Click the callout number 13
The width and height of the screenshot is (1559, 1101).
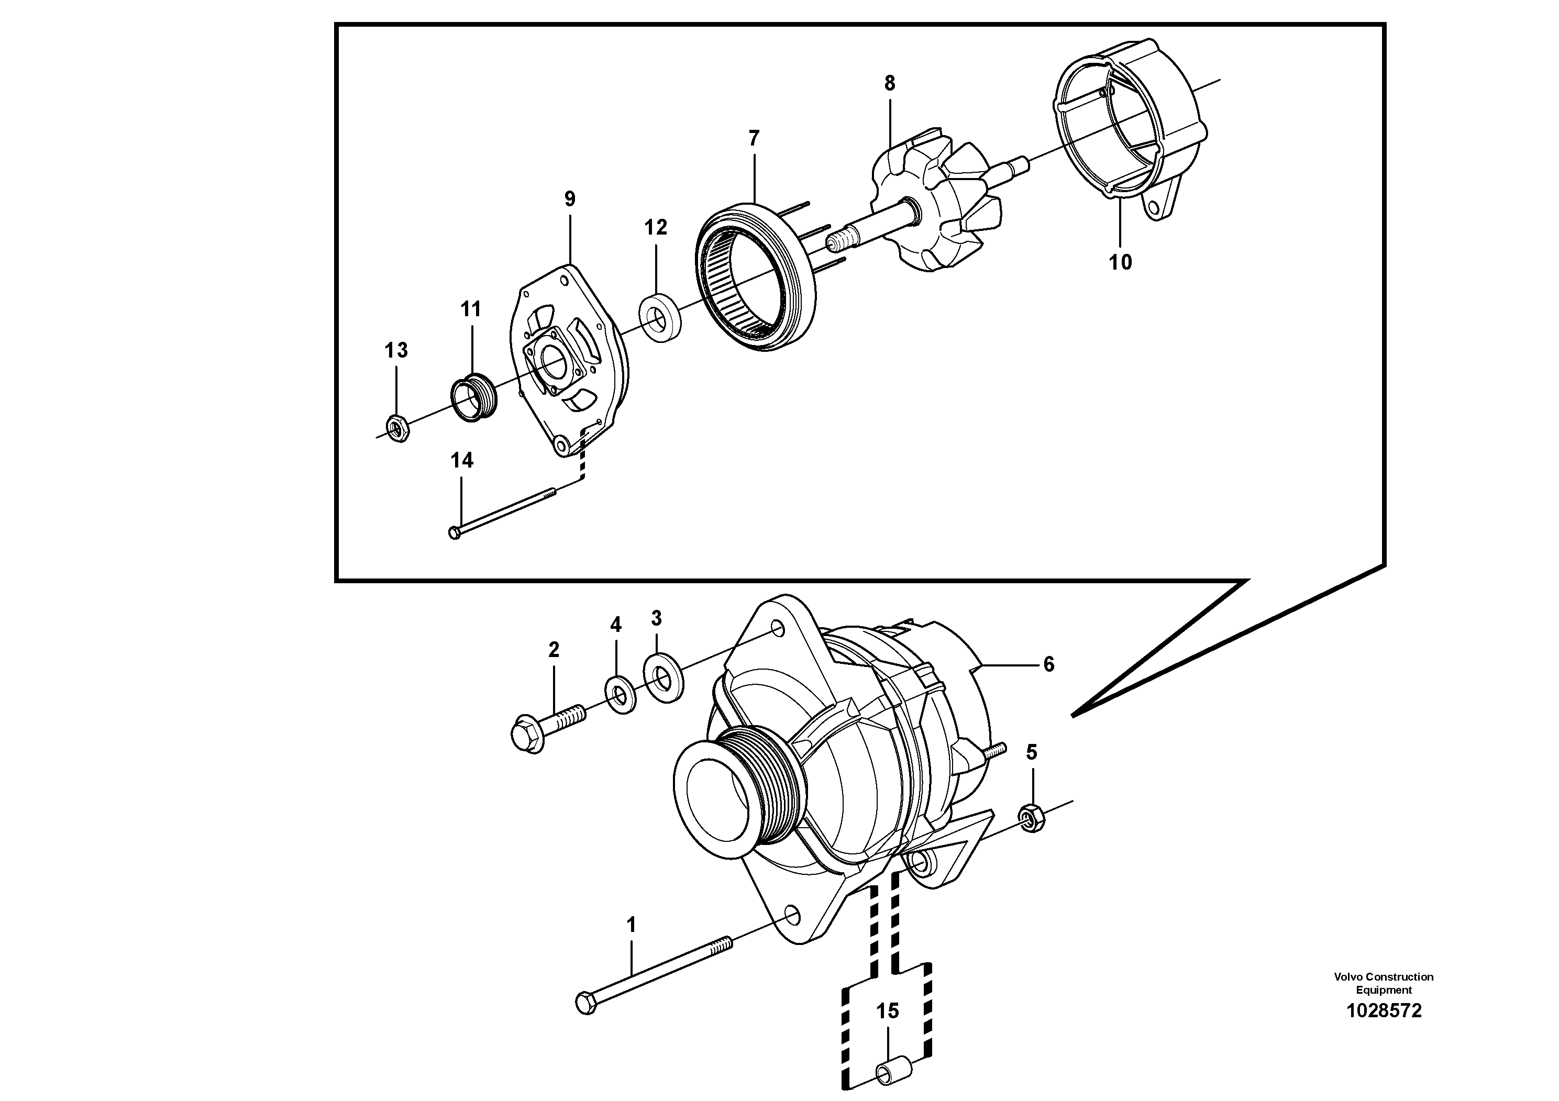(396, 350)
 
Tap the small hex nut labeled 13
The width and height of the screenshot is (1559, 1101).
(397, 428)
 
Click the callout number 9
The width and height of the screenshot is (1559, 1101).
(569, 199)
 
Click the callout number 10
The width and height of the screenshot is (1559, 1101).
(1120, 262)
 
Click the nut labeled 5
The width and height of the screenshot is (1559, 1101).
(1032, 819)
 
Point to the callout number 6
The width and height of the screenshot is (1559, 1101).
(1048, 664)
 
